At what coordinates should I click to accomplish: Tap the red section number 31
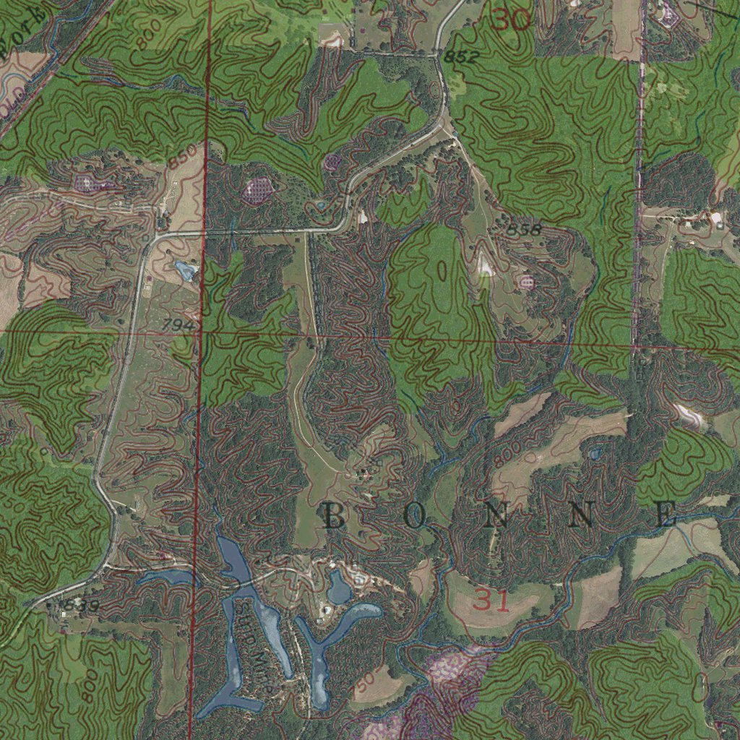click(x=493, y=601)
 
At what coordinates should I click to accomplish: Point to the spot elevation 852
click(x=462, y=57)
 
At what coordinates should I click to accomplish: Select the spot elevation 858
click(x=524, y=230)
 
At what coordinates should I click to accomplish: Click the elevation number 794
click(x=178, y=326)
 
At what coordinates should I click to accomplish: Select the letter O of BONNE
click(x=415, y=517)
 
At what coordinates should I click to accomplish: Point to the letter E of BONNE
click(x=666, y=516)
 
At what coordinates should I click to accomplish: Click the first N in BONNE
click(x=497, y=517)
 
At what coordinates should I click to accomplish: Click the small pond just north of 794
click(x=186, y=271)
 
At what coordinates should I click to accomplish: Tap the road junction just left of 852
click(x=438, y=55)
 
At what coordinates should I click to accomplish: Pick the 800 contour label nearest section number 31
click(x=507, y=452)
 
